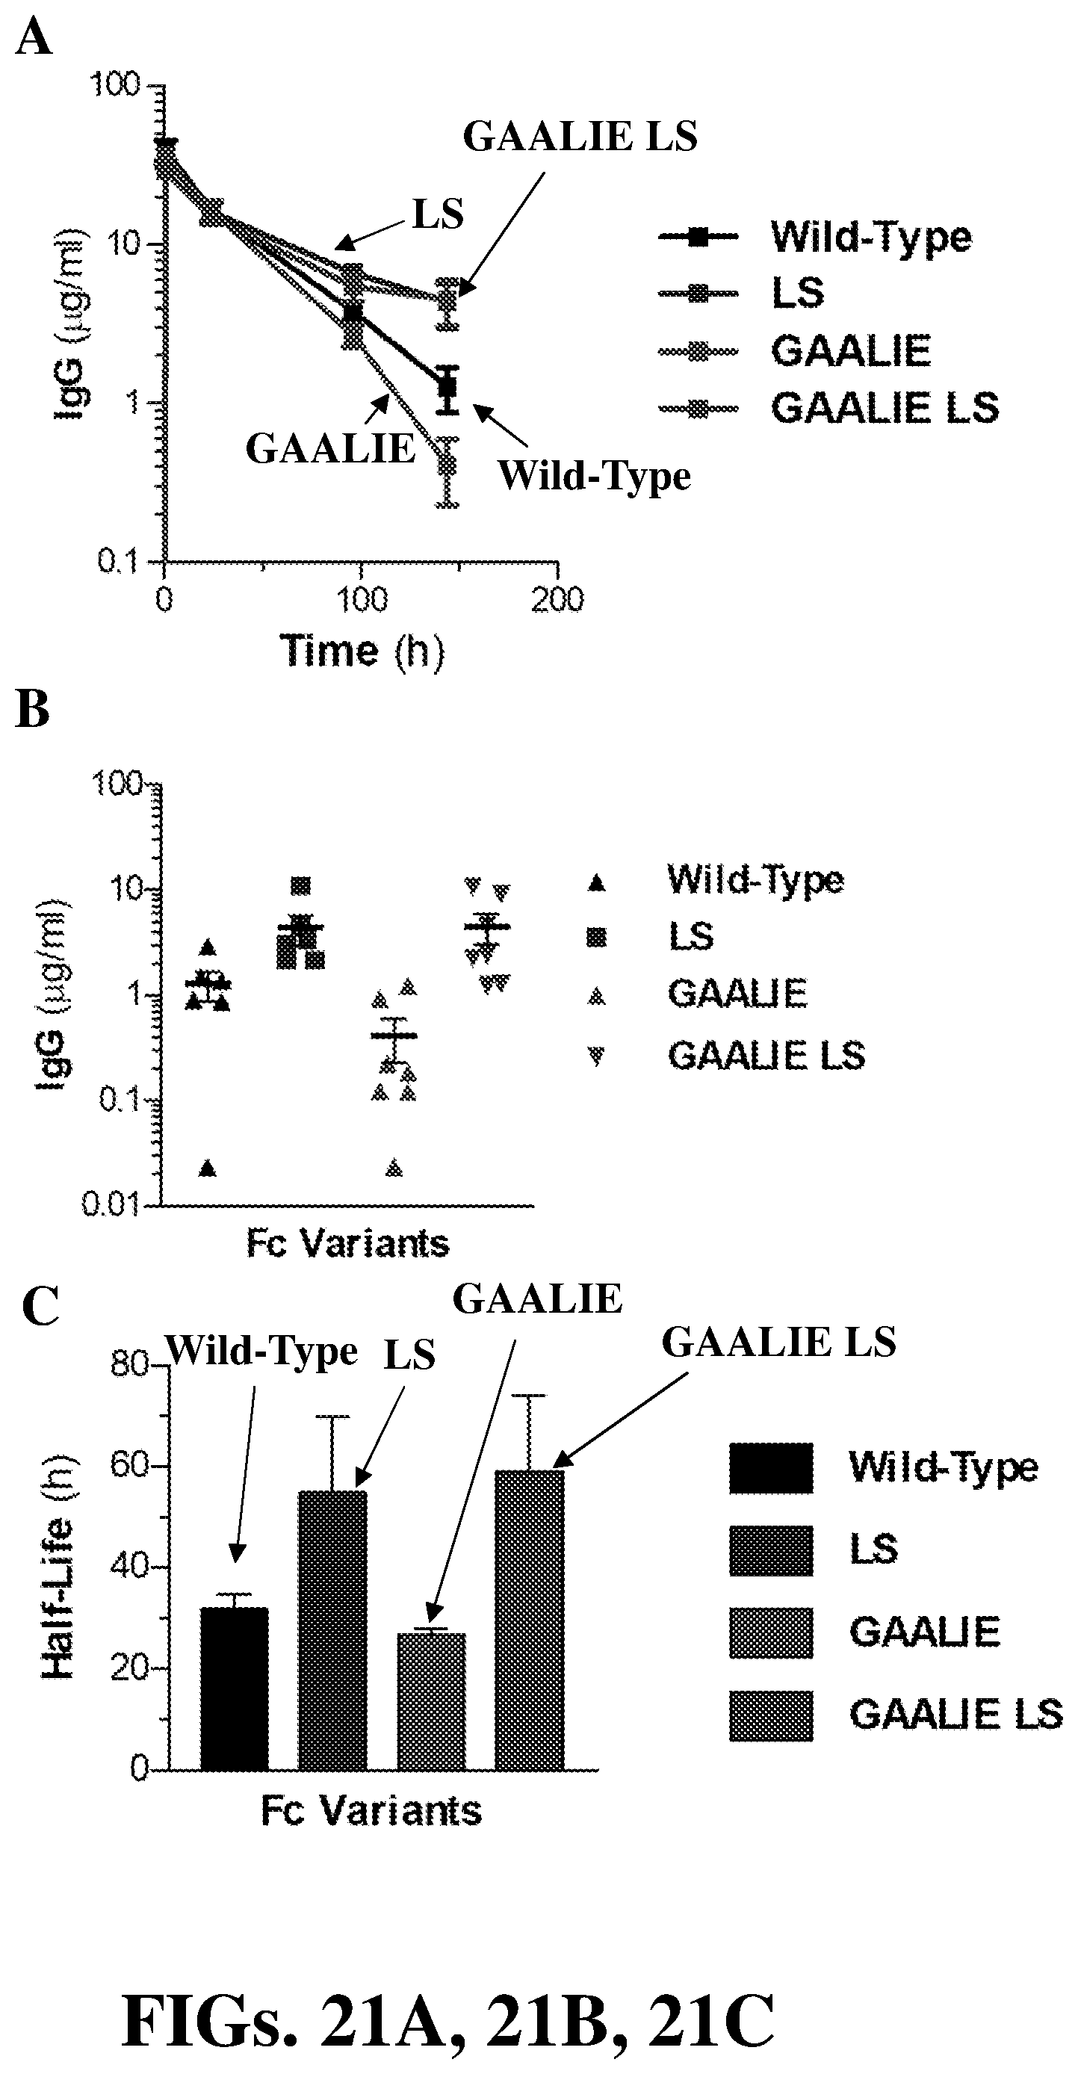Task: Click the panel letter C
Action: click(40, 1305)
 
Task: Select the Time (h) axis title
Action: click(362, 650)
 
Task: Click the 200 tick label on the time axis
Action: click(558, 600)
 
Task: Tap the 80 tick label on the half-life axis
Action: click(128, 1365)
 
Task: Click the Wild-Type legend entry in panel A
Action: click(870, 237)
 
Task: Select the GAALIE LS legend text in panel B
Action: click(766, 1055)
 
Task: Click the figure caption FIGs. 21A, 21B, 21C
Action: click(447, 2021)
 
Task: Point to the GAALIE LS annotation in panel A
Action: click(580, 137)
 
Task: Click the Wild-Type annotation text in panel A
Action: click(594, 475)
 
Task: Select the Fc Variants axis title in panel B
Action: click(348, 1244)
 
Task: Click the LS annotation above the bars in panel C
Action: click(409, 1355)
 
